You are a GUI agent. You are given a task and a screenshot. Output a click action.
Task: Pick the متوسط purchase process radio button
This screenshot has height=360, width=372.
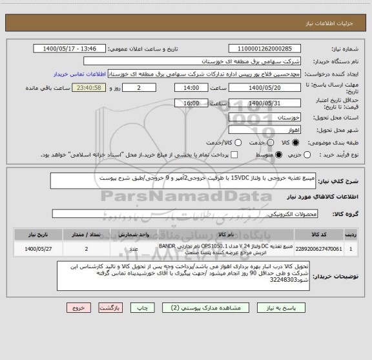(x=278, y=155)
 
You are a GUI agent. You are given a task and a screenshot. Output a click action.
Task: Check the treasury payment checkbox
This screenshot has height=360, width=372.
(x=234, y=155)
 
